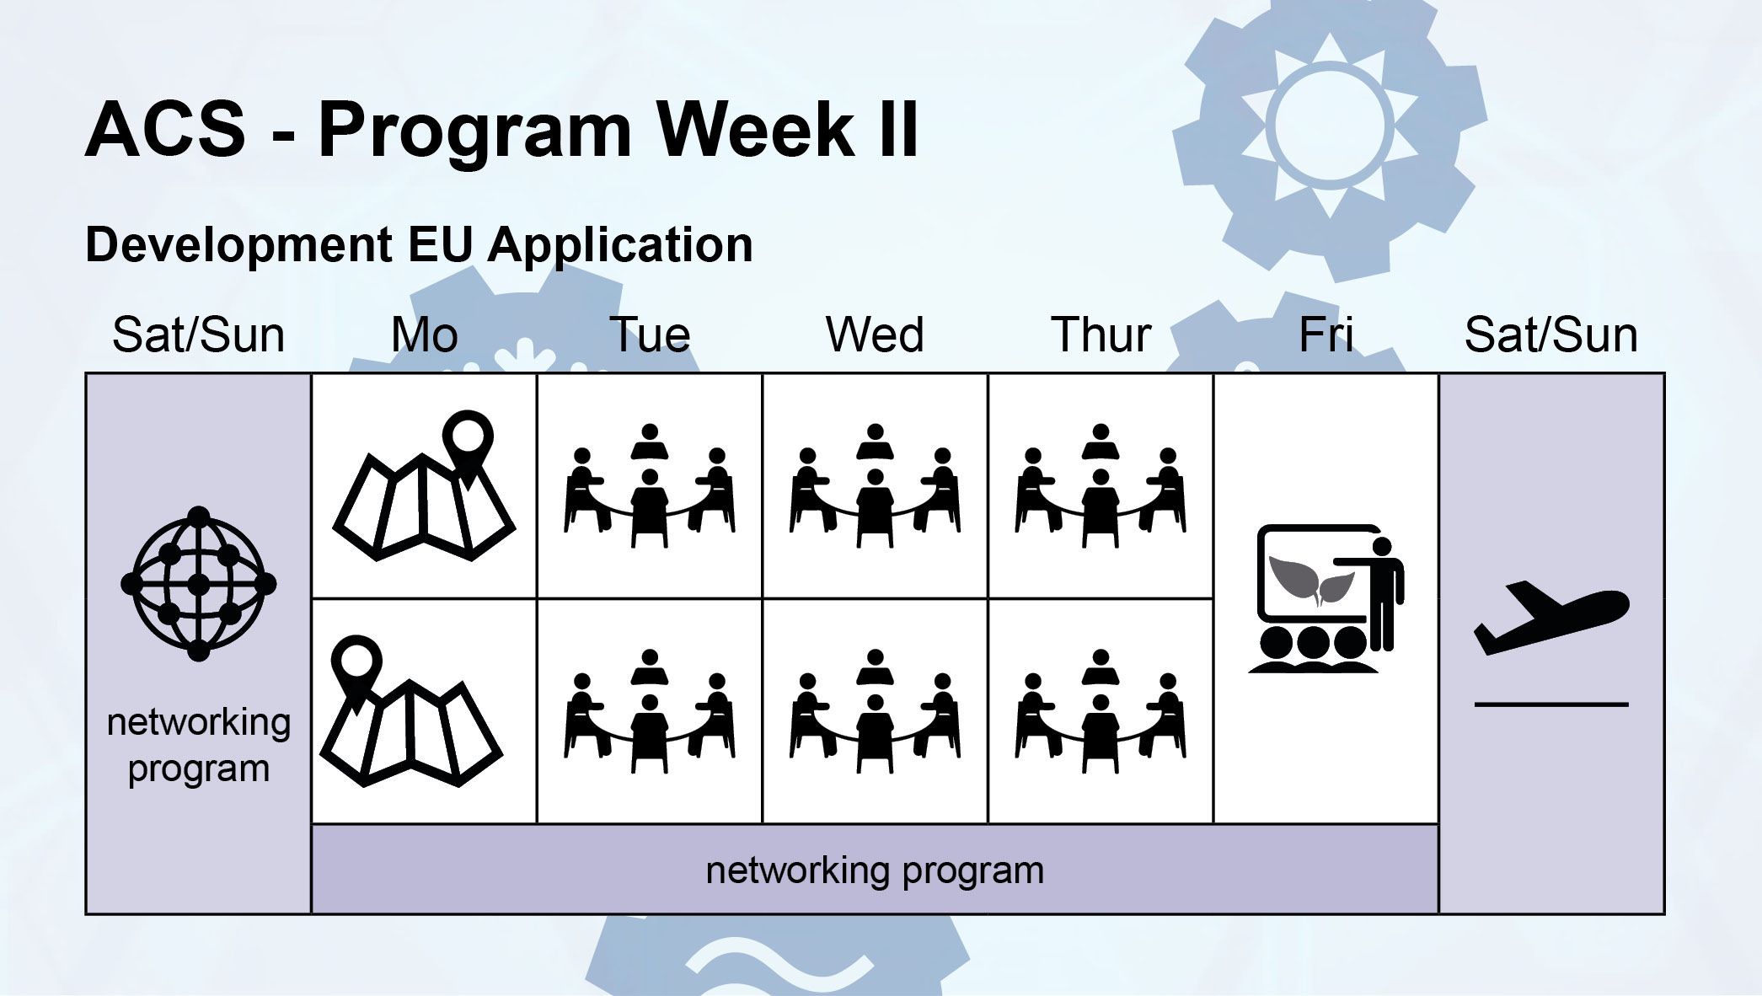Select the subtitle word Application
coord(620,246)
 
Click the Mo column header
coord(425,335)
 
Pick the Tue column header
coord(650,335)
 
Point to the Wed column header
coord(875,335)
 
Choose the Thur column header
coord(1101,335)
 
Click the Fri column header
coord(1326,335)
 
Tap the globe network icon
coord(199,584)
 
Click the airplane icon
coord(1551,618)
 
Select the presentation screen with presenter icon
coord(1326,599)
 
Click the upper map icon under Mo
coord(425,485)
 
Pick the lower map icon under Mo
coord(411,710)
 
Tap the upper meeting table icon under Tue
coord(650,486)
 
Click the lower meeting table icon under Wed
coord(875,711)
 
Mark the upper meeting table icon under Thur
coord(1101,486)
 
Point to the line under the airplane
coord(1551,704)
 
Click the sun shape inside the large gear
coord(1330,126)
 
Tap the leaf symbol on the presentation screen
coord(1311,580)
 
